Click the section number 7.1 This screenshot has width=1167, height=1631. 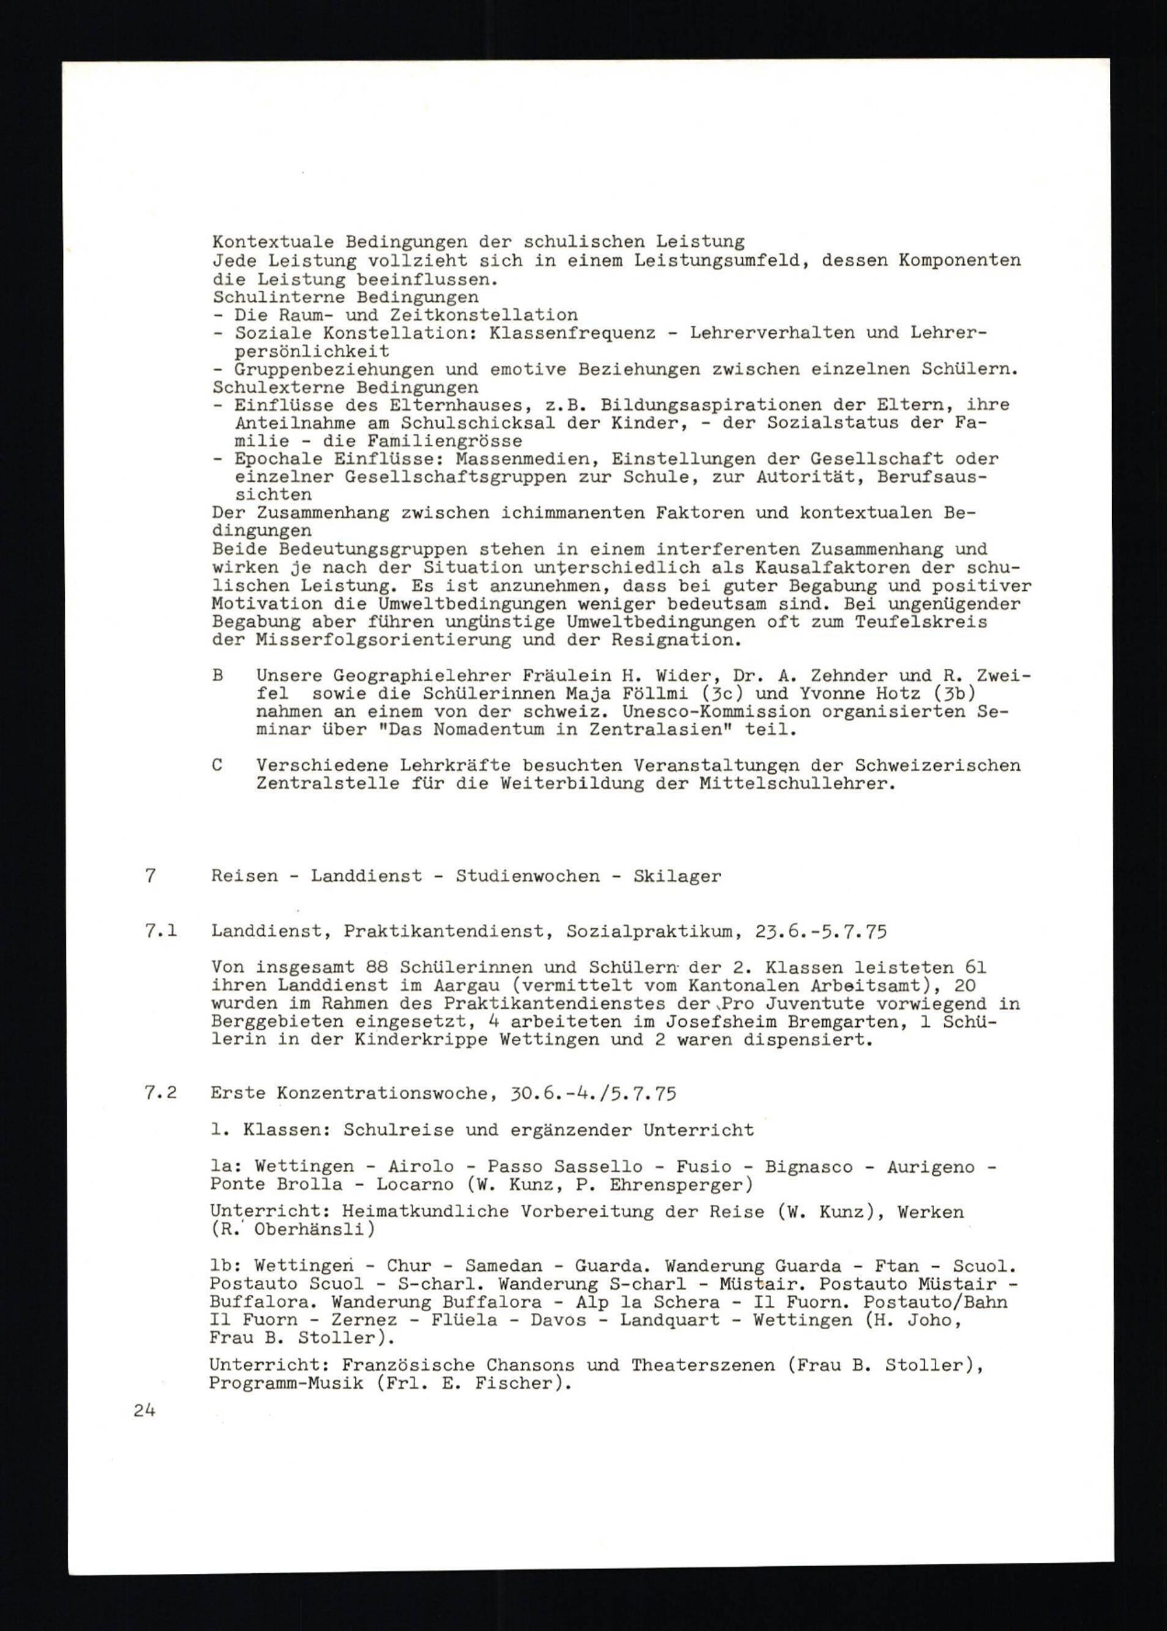160,932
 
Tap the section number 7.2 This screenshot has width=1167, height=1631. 160,1093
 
